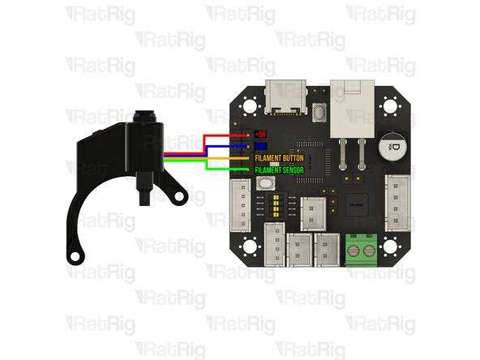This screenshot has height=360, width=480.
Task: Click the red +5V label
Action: click(x=259, y=134)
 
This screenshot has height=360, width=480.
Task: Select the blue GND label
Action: click(x=261, y=146)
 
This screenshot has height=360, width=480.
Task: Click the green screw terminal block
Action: click(x=361, y=249)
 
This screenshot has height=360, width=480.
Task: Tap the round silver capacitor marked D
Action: click(x=392, y=144)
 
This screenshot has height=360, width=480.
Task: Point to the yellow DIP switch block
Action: click(x=281, y=202)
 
